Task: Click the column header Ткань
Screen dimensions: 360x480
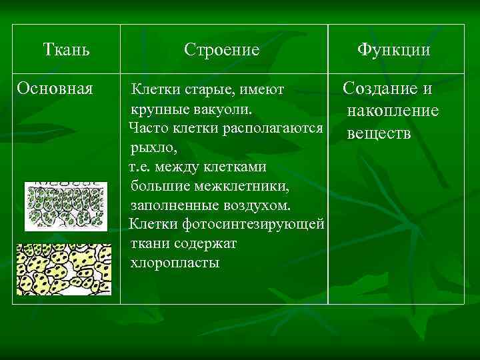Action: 67,49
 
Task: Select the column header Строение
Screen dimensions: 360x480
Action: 222,50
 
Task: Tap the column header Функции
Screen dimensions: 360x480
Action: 393,50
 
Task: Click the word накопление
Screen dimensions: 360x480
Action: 393,110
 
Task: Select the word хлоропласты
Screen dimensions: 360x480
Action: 175,262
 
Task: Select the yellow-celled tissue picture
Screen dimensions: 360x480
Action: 64,269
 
